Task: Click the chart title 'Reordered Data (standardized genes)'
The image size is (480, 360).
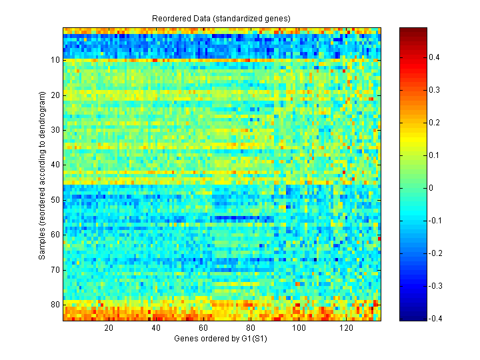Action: (x=223, y=19)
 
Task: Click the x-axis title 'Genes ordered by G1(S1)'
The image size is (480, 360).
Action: (x=223, y=339)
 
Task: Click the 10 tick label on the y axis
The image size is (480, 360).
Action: (x=56, y=60)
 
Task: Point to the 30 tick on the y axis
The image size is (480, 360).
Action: (x=56, y=130)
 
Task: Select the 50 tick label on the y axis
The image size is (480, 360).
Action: (x=56, y=200)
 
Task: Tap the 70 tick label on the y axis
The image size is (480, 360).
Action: (x=56, y=269)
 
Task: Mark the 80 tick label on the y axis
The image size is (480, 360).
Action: (x=56, y=305)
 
